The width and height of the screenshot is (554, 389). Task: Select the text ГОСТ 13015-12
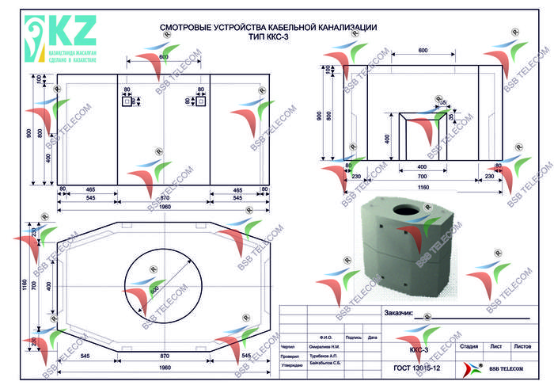[x=417, y=368]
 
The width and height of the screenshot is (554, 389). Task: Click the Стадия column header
[x=469, y=346]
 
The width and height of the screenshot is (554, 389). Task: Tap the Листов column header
[x=522, y=346]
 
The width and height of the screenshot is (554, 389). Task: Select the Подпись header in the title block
[x=354, y=338]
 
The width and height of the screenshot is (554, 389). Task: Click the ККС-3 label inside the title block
[x=418, y=349]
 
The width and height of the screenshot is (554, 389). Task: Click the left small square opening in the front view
[x=125, y=101]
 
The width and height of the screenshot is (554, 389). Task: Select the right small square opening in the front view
[x=201, y=101]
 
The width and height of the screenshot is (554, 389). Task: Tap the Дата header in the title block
[x=372, y=338]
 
